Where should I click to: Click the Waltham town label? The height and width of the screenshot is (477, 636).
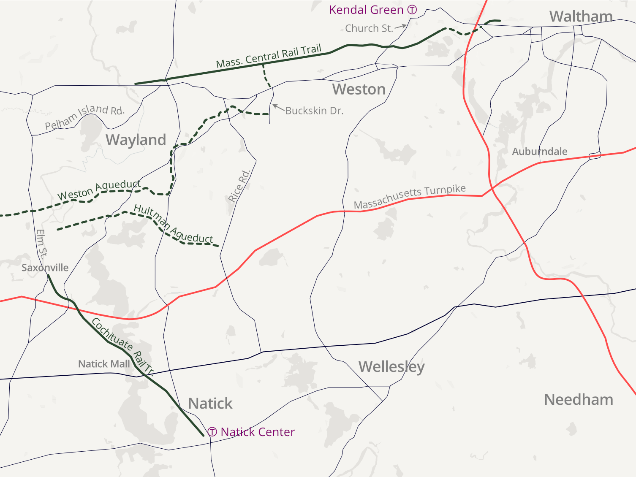581,16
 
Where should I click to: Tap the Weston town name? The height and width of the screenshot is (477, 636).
359,89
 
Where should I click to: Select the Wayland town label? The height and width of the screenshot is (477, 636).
136,140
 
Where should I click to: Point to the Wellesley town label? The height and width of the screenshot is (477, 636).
391,366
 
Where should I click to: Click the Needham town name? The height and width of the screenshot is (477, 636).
579,399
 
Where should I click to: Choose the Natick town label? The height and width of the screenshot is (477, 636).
210,404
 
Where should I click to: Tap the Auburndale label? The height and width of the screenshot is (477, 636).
539,152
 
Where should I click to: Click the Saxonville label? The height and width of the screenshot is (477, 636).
45,268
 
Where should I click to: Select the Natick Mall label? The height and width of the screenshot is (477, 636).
104,364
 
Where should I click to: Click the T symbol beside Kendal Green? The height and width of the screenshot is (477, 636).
412,10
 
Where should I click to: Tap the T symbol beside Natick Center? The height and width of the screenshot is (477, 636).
212,432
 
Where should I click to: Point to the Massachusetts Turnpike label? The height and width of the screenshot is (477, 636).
410,196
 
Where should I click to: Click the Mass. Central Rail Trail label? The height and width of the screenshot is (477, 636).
269,56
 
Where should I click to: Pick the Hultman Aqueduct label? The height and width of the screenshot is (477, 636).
173,224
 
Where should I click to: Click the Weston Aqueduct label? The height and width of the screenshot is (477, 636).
99,190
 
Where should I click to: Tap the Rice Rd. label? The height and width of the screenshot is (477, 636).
239,186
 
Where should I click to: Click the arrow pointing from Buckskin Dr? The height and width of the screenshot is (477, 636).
278,107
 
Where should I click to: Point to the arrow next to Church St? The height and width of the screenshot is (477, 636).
401,27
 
